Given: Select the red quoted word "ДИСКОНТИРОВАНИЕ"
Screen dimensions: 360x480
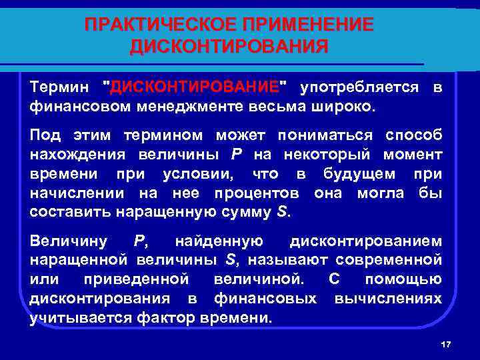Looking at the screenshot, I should [x=194, y=87].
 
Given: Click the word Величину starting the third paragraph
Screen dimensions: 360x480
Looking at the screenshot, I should [x=69, y=241].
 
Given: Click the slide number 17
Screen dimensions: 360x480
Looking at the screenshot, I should [x=446, y=344].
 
